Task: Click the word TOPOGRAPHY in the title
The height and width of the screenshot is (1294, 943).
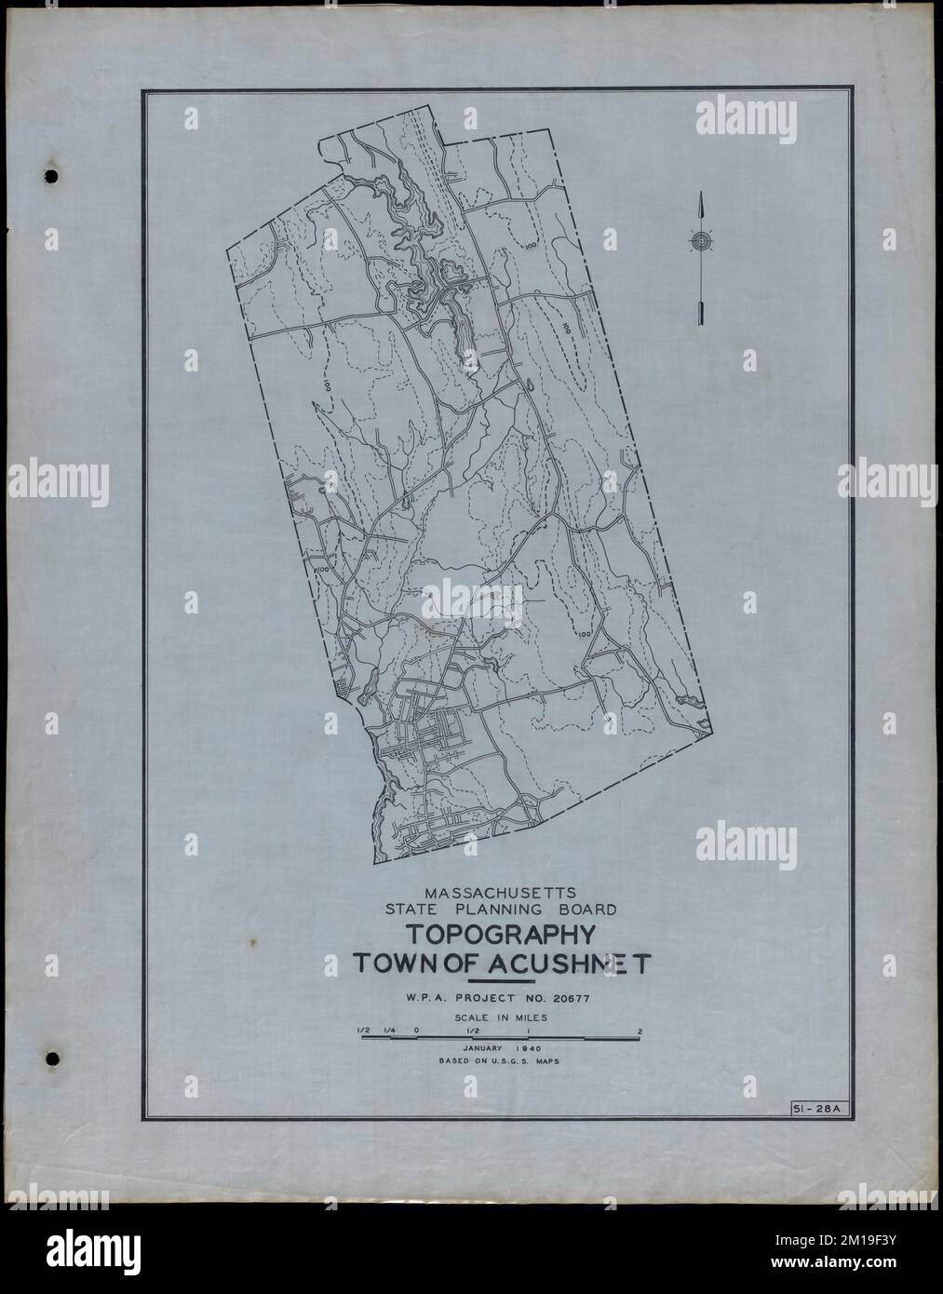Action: click(x=502, y=936)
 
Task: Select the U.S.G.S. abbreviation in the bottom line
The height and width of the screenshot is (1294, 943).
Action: click(x=505, y=1059)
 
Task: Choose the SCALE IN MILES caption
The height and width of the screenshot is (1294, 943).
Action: click(x=501, y=1018)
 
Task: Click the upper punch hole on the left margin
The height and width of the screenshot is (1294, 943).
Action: click(x=51, y=176)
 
